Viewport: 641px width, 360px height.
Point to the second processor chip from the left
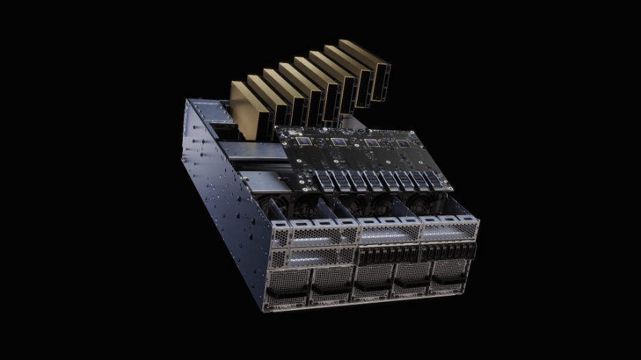(338, 142)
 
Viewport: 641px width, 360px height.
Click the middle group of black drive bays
(388, 256)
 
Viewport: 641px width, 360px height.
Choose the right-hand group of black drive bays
(449, 251)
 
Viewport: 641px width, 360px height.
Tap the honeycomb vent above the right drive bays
(449, 232)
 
